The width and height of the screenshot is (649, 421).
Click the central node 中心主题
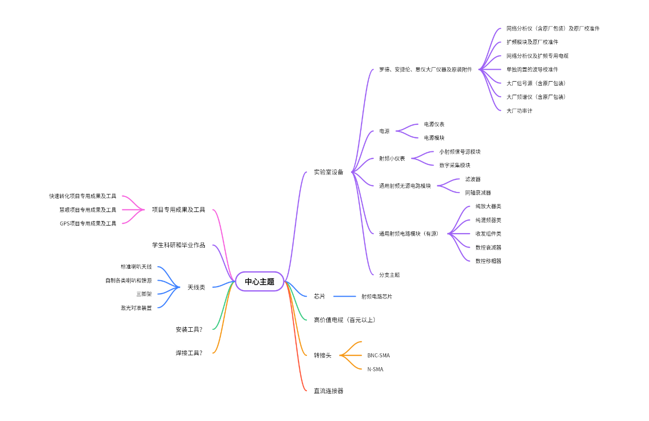coord(259,282)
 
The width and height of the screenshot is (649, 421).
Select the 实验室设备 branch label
coord(329,172)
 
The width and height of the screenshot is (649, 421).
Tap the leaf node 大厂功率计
coord(519,111)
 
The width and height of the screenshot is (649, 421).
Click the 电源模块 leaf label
coord(434,138)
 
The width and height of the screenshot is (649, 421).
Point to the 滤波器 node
coord(473,179)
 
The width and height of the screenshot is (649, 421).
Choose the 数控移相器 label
coord(488,261)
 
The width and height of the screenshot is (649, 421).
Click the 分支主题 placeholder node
coord(389,275)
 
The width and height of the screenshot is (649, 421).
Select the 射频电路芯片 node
coord(377,297)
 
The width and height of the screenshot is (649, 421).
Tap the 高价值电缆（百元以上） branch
coord(345,320)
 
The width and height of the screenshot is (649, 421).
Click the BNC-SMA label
coord(378,356)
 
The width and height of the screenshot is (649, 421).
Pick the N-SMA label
coord(375,369)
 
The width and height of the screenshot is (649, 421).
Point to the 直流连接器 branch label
coord(329,391)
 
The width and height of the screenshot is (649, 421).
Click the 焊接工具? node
coord(189,353)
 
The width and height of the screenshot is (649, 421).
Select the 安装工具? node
coord(189,329)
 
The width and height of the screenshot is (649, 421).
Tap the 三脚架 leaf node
coord(144,294)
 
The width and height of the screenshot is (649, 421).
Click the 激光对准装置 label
coord(136,308)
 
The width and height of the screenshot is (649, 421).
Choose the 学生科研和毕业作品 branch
coord(178,245)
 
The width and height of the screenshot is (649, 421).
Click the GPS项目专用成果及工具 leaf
coord(88,224)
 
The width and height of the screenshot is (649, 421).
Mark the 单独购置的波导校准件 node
coord(532,70)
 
